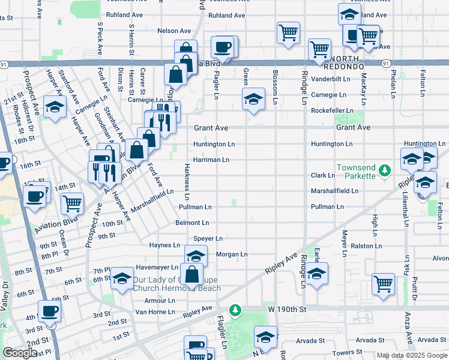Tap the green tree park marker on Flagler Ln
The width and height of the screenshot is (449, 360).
[237, 309]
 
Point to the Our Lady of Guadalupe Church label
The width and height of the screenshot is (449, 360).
[176, 284]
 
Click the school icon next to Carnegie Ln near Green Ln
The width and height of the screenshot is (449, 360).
[253, 98]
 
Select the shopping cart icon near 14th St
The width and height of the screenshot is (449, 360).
[72, 203]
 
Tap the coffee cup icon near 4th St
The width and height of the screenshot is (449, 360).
[49, 311]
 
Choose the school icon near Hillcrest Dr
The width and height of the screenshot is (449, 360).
[55, 108]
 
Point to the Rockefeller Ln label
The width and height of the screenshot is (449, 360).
[331, 110]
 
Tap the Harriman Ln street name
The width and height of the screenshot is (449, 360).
[211, 160]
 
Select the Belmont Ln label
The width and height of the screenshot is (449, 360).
[192, 223]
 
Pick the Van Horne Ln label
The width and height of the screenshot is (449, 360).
[155, 311]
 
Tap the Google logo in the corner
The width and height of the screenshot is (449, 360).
[20, 353]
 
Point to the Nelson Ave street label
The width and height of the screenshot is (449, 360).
[174, 31]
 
